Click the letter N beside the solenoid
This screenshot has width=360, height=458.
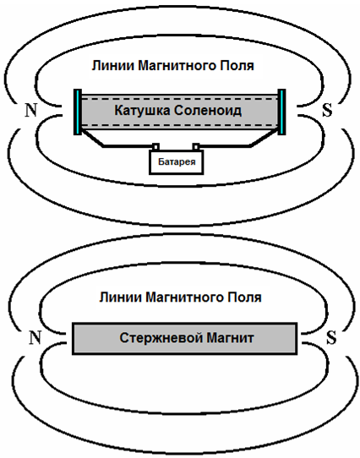pos(31,111)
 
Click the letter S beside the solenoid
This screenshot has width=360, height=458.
pos(327,111)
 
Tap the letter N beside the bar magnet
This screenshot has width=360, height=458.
pos(35,338)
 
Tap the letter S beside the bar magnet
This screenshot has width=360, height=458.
pos(331,338)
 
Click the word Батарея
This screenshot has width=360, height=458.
pos(177,161)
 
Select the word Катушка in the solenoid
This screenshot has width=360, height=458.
pos(142,111)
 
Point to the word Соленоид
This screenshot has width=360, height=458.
pos(208,111)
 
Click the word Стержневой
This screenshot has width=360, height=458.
pos(161,338)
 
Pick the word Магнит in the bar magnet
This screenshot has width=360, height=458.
pos(230,338)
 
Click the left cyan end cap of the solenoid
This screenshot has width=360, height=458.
pos(78,112)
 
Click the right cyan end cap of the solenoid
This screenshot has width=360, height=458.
pos(281,112)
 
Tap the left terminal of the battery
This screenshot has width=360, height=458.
pos(156,147)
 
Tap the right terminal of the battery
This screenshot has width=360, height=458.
pos(196,147)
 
